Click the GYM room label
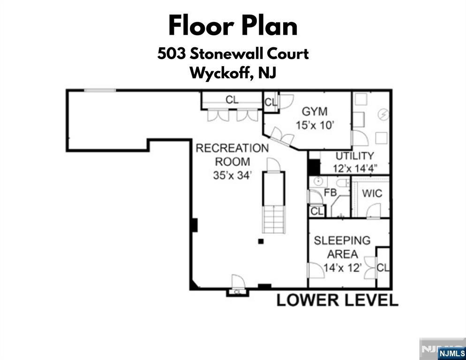coord(315,112)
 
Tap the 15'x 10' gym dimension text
coord(315,125)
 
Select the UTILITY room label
coord(354,156)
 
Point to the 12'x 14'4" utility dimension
coord(355,169)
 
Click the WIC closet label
coord(372,194)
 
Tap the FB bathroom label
coord(330,193)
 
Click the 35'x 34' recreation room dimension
coord(233,175)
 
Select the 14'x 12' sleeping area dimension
coord(342,268)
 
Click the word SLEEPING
coord(342,240)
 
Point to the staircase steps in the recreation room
coord(274,220)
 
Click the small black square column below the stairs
coord(261,241)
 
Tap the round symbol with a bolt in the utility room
coord(383,114)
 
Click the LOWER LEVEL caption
coord(338,300)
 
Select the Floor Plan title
coord(233,26)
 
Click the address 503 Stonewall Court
coord(233,54)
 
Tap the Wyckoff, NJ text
coord(233,73)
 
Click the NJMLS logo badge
coord(452,353)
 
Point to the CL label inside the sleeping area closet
coord(383,268)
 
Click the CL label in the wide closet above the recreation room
coord(232,99)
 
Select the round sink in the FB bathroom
coord(318,181)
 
